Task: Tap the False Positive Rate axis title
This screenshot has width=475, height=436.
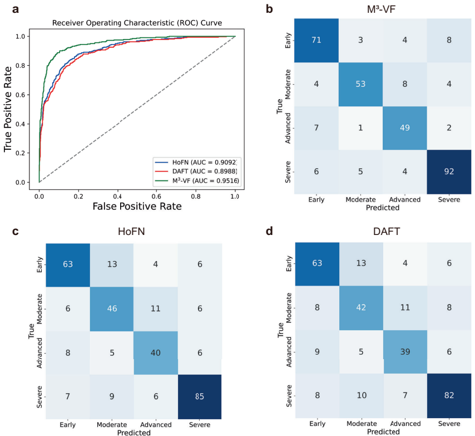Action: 137,205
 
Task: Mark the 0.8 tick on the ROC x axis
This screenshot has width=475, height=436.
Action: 196,192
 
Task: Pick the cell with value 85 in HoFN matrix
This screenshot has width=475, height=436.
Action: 199,396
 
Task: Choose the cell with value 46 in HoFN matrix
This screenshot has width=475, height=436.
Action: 111,309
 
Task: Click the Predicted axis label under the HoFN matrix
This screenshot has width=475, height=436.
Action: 133,431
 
